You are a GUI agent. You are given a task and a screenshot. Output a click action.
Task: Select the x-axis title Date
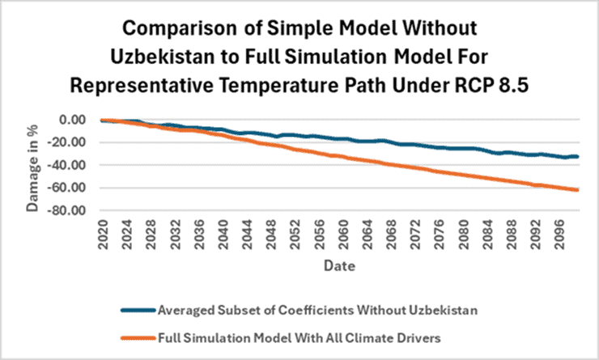click(338, 265)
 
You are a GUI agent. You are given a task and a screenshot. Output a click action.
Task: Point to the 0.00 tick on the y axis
click(74, 120)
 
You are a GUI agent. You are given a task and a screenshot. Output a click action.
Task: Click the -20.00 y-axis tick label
click(69, 142)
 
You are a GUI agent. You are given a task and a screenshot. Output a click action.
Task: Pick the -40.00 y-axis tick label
click(69, 165)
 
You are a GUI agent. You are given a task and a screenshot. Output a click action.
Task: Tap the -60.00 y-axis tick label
click(69, 188)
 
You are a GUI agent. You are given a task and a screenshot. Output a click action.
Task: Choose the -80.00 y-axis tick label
click(69, 211)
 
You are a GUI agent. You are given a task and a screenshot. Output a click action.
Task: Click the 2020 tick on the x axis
click(104, 235)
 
